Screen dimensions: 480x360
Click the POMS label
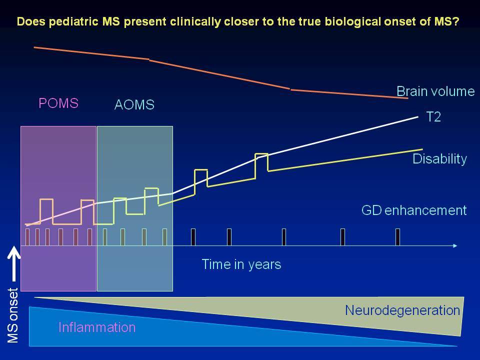coord(58,103)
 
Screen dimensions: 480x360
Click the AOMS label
coord(134,104)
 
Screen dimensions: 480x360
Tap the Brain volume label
coord(435,91)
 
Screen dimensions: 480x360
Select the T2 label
coord(433,117)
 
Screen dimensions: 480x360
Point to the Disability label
coord(439,159)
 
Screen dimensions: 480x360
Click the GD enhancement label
coord(414,210)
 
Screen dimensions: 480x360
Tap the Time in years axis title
coord(241,264)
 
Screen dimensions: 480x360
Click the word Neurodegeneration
coord(402,310)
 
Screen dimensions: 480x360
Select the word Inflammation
coord(96,327)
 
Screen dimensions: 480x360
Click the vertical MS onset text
coord(13,315)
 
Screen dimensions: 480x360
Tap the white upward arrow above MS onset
coord(14,263)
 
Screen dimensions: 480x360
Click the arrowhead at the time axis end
coord(455,246)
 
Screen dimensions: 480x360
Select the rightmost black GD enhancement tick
coord(397,237)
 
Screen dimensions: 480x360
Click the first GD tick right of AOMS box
coord(193,237)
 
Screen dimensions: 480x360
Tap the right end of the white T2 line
coord(418,116)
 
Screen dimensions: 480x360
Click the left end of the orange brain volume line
coord(34,47)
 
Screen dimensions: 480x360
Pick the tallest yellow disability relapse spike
coord(261,166)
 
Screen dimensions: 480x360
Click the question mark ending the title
coord(456,21)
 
